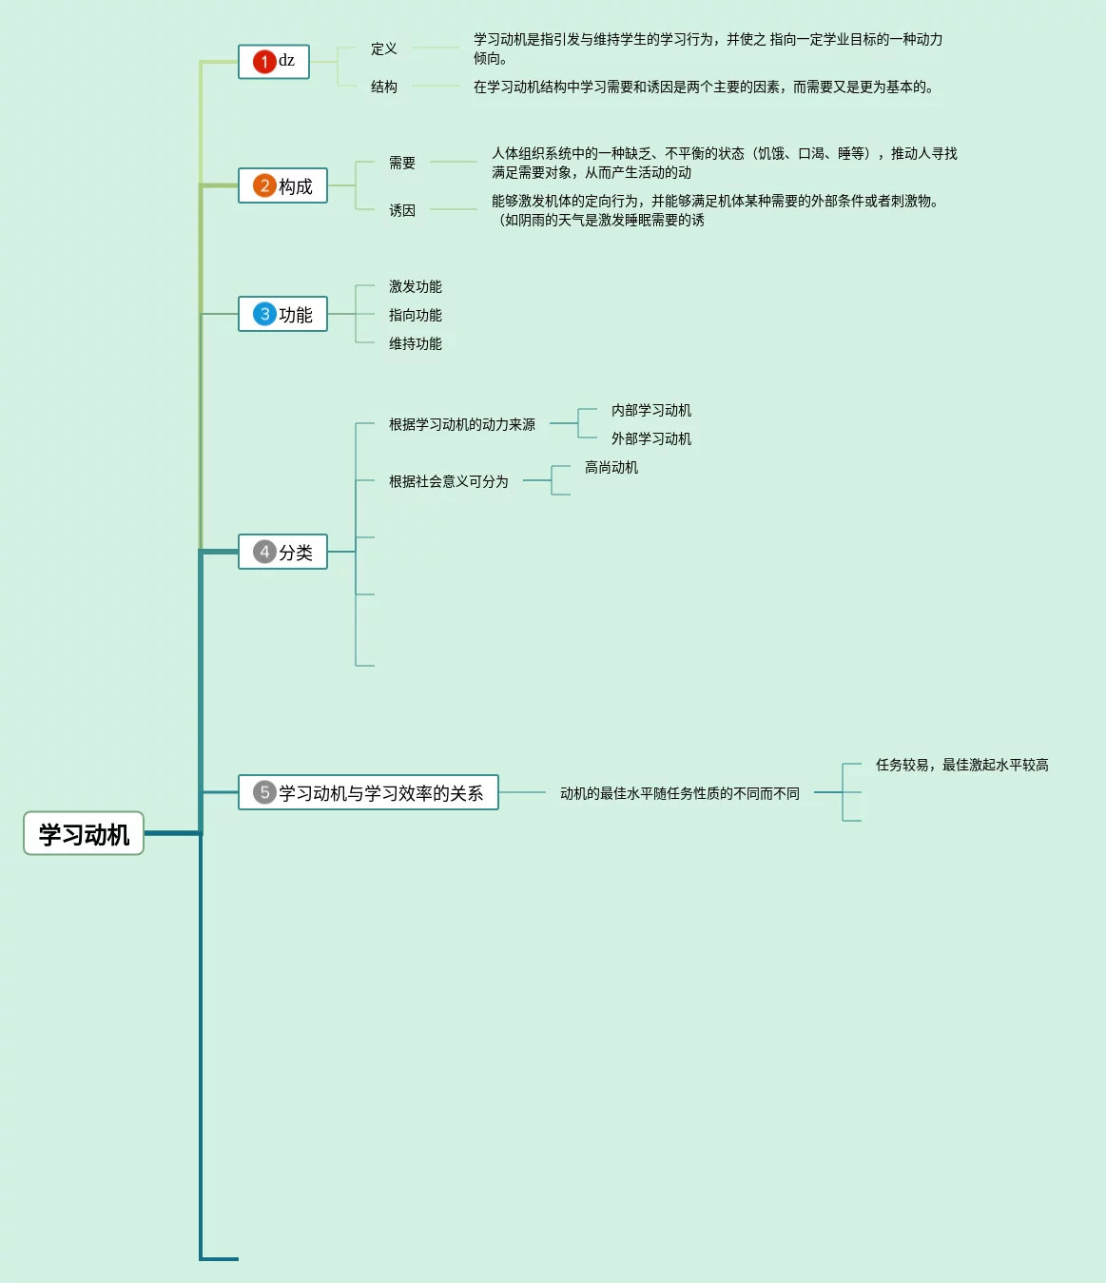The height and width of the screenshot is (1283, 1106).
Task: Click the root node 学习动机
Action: tap(84, 834)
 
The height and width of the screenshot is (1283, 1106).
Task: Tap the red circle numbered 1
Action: tap(264, 62)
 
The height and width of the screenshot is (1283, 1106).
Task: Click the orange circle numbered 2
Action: tap(264, 185)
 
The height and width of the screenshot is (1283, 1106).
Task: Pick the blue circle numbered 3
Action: tap(264, 314)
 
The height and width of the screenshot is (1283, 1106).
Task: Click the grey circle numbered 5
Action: tap(264, 792)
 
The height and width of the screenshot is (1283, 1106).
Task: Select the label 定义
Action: tap(384, 49)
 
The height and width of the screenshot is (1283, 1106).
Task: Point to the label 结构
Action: tap(384, 87)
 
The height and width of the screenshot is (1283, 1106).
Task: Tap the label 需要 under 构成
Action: tap(402, 163)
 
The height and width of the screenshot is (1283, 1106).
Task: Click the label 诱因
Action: tap(402, 210)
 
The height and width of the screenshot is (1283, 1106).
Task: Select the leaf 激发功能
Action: tap(416, 286)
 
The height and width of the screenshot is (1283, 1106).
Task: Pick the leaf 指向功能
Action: tap(416, 315)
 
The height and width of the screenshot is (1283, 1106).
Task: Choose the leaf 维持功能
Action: tap(416, 343)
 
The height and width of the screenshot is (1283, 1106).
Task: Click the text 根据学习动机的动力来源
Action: tap(462, 424)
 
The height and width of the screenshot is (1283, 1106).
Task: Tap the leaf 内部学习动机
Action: tap(651, 410)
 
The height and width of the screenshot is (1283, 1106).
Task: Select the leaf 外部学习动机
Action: tap(651, 438)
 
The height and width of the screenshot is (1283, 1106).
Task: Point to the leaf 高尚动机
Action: tap(611, 467)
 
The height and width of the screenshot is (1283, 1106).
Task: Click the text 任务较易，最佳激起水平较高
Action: tap(961, 765)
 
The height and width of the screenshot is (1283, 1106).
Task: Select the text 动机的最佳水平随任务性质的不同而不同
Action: tap(680, 793)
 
